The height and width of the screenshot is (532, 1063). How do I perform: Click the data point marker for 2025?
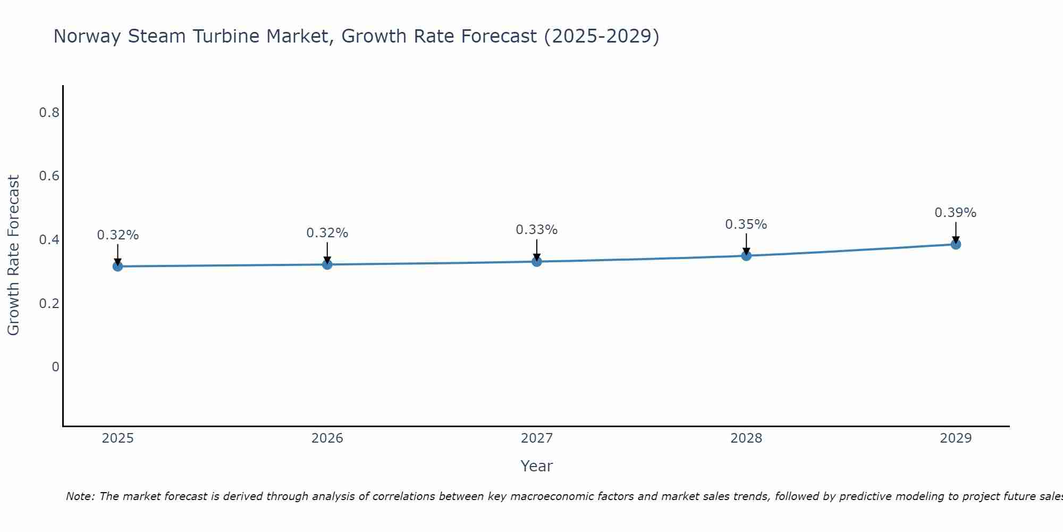click(x=118, y=266)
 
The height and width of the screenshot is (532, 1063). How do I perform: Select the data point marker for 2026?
click(x=327, y=264)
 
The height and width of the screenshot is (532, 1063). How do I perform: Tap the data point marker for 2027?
click(x=537, y=261)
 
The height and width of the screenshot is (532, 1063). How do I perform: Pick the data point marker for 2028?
click(x=746, y=255)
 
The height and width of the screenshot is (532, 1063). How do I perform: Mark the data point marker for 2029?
click(x=956, y=244)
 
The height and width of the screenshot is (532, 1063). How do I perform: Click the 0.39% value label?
click(x=955, y=213)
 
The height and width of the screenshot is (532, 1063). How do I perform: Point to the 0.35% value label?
click(x=746, y=225)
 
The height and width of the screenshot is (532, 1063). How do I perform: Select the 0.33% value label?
click(x=536, y=230)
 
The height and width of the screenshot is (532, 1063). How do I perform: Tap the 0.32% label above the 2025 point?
click(x=117, y=235)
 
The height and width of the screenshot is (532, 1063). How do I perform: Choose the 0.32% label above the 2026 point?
click(x=327, y=233)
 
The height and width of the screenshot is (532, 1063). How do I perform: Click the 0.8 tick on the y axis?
click(x=49, y=113)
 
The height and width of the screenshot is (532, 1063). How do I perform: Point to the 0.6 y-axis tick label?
click(x=49, y=176)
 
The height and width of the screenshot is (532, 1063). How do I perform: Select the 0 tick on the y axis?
click(x=55, y=367)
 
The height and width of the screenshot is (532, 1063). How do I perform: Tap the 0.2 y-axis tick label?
click(x=49, y=303)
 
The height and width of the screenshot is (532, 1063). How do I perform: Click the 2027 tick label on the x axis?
click(x=537, y=438)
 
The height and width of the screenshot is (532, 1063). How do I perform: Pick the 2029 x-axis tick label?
click(x=956, y=438)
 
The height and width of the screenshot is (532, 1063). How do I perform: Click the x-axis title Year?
click(x=537, y=466)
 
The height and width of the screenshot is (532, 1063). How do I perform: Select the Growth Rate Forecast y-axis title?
click(x=13, y=255)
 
